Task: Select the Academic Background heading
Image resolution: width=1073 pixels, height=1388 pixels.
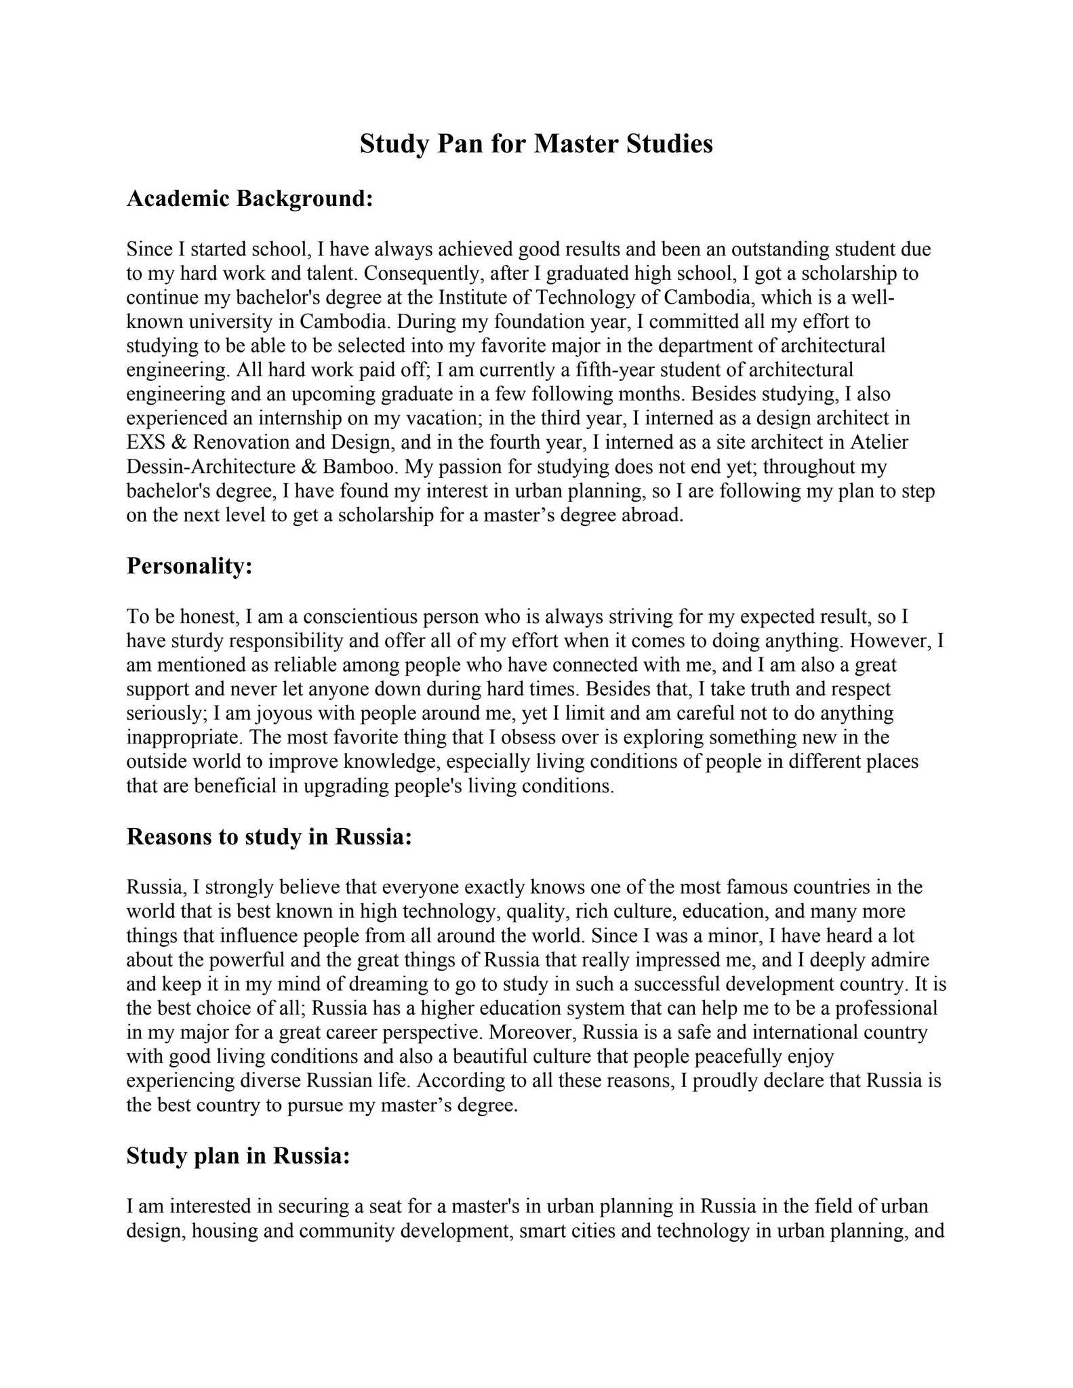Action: point(250,199)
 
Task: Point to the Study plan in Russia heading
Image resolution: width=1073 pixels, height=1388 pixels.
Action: point(238,1156)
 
